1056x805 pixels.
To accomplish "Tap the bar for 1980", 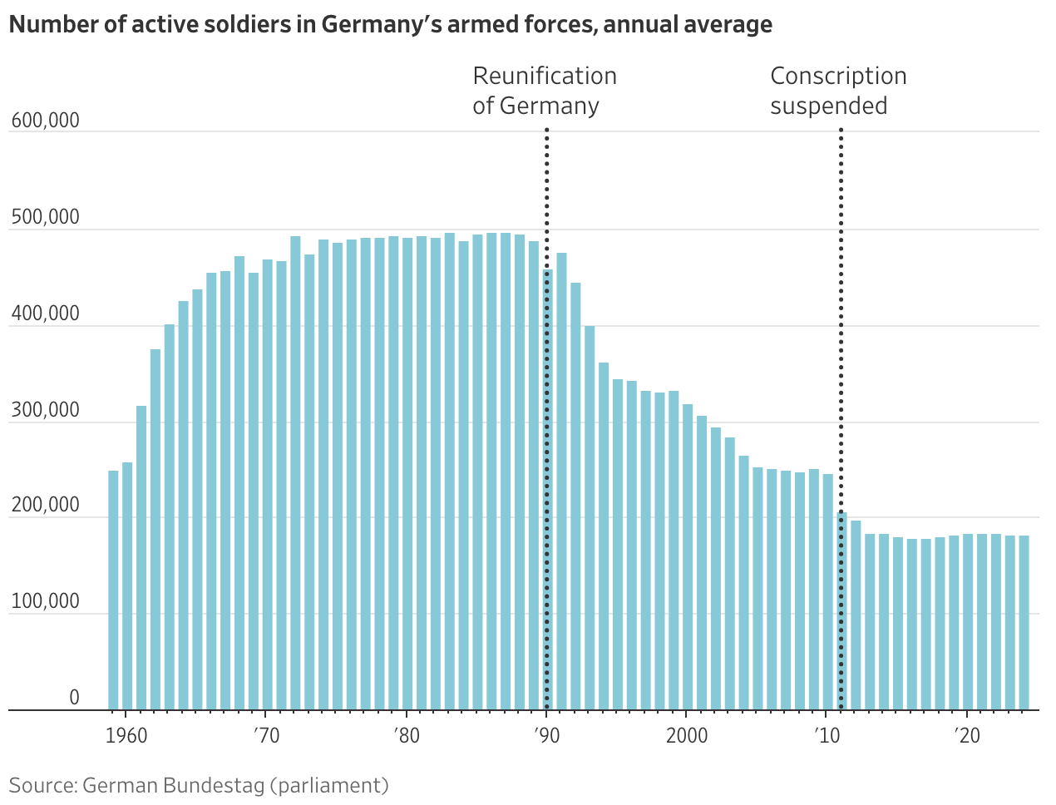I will (407, 474).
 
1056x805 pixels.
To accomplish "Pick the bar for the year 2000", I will (688, 557).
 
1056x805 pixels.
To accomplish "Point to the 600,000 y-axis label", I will (46, 121).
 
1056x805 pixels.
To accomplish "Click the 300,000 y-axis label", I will (46, 410).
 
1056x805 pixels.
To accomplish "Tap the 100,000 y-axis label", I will (46, 601).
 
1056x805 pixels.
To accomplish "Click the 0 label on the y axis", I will (74, 698).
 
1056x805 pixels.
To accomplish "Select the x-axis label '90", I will (546, 736).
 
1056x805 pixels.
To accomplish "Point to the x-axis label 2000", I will (687, 736).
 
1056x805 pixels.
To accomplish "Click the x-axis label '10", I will (827, 736).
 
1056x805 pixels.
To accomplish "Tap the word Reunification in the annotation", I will (545, 77).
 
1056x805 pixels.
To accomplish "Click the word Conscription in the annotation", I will (838, 77).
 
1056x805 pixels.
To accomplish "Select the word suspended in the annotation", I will (828, 106).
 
